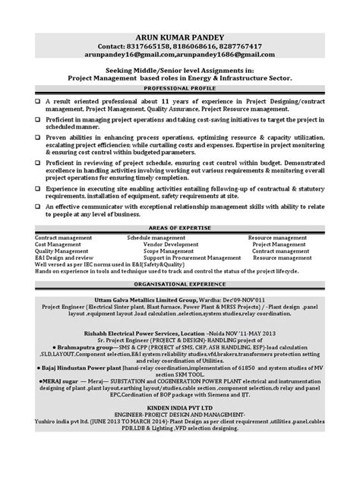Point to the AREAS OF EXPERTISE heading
pyautogui.click(x=180, y=227)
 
